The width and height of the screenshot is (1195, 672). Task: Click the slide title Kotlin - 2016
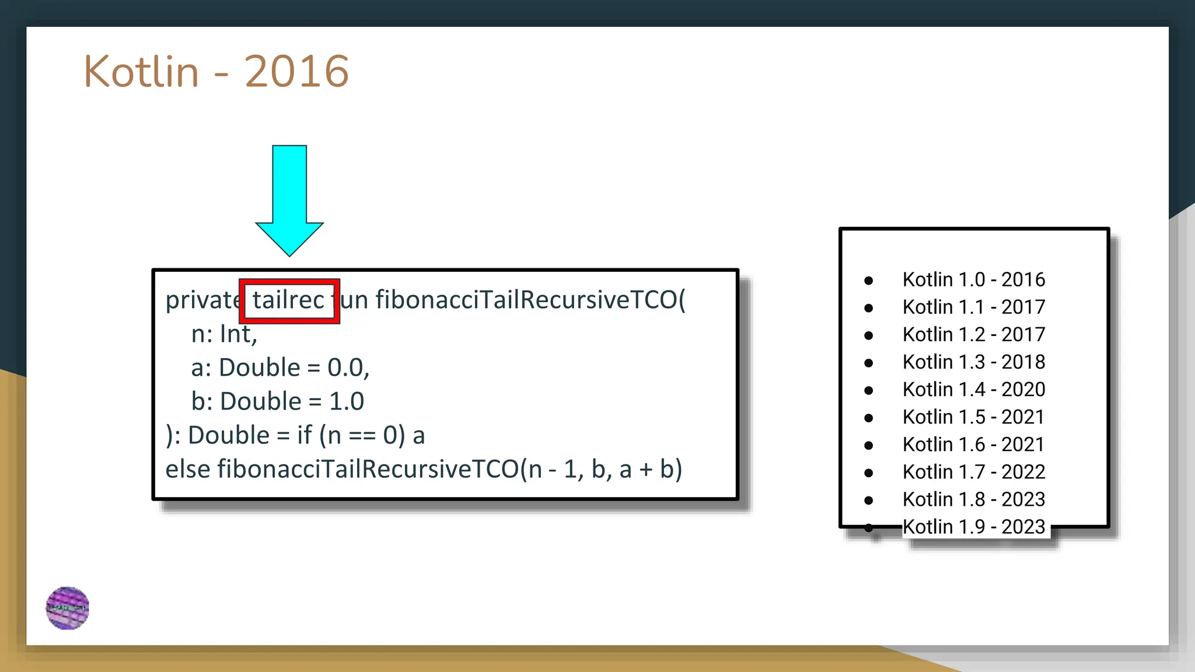216,71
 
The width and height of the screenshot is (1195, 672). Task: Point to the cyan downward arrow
289,198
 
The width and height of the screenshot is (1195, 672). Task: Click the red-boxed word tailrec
288,300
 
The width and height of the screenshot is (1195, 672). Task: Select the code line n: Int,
224,334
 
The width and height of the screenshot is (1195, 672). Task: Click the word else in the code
187,470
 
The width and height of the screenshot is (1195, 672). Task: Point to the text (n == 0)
362,436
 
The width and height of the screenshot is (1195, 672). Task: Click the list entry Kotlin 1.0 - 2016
973,279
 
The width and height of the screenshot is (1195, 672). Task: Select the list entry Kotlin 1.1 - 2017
973,307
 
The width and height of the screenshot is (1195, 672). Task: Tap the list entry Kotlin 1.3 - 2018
973,362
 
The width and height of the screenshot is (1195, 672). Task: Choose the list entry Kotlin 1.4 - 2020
973,389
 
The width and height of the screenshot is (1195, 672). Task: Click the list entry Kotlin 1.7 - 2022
973,471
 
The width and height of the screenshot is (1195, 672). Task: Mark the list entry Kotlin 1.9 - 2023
973,527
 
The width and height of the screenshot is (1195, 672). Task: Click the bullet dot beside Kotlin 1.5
869,418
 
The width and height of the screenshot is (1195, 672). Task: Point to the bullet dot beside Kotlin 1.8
869,500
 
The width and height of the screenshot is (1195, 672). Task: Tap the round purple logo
68,608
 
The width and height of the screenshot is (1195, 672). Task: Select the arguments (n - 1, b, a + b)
601,470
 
